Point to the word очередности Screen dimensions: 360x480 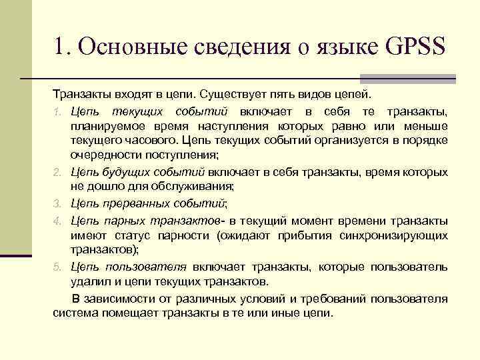[102, 157]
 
